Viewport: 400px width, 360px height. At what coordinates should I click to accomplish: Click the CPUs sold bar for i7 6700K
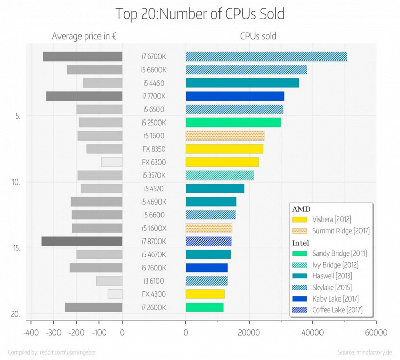click(266, 56)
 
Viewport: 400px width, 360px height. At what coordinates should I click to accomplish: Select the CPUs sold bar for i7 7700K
click(234, 96)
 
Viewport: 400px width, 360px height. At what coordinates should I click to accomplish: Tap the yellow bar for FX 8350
click(224, 149)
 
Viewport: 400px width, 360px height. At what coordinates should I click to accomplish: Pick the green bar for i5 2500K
click(233, 123)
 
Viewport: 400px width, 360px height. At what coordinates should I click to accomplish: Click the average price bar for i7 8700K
click(82, 242)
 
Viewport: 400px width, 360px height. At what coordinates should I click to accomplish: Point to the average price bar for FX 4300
click(115, 294)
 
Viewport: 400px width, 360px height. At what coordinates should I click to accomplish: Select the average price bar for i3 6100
click(109, 281)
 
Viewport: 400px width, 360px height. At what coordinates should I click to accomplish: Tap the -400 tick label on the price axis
click(30, 333)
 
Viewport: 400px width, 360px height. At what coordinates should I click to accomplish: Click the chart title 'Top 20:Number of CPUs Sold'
click(200, 14)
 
